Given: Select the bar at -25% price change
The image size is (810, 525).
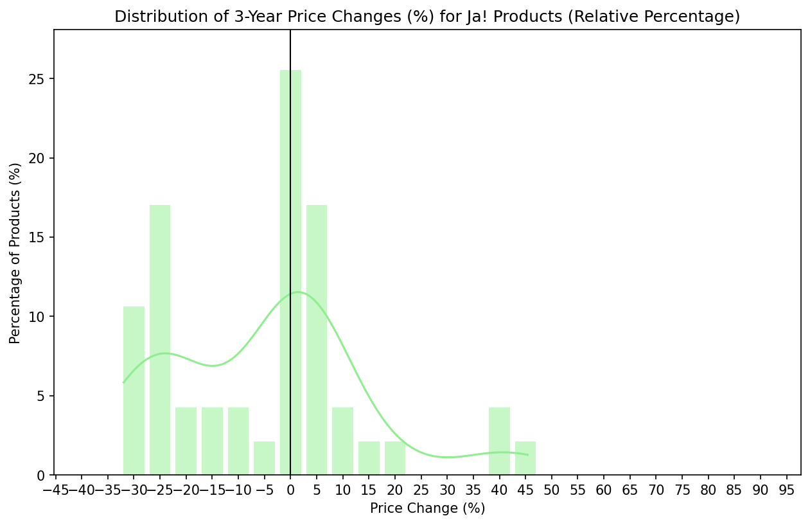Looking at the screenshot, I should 160,340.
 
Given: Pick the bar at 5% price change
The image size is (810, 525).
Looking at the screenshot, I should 317,340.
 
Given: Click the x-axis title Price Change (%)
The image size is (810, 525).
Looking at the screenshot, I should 427,508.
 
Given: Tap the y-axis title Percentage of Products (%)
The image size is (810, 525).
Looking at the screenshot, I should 15,253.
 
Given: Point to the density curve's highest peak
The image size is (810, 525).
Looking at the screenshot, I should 298,292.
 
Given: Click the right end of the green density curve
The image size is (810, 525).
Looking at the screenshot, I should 527,454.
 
